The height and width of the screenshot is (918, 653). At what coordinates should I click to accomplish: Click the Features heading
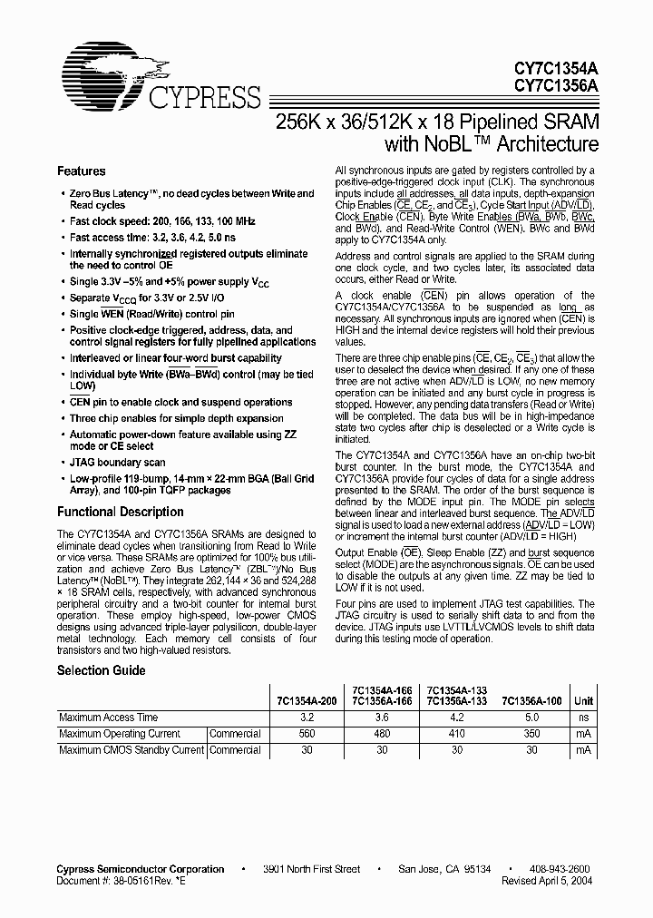82,171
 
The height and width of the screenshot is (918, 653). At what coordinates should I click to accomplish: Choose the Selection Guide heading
101,670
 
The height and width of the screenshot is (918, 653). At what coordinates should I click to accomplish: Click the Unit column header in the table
583,701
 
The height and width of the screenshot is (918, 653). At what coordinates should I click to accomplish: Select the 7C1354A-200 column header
307,701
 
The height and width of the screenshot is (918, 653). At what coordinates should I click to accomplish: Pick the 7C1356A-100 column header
532,701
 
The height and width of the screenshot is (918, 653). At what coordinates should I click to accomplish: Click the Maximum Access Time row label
108,718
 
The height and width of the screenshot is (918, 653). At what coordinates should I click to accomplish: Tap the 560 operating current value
307,734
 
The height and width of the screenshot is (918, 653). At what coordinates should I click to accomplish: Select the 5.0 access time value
531,718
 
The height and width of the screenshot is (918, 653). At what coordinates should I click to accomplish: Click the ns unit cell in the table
583,718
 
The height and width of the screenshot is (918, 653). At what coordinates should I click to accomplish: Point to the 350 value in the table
531,734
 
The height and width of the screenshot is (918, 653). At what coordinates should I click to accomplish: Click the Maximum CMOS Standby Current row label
132,750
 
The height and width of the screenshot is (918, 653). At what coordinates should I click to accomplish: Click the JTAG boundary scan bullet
118,462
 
